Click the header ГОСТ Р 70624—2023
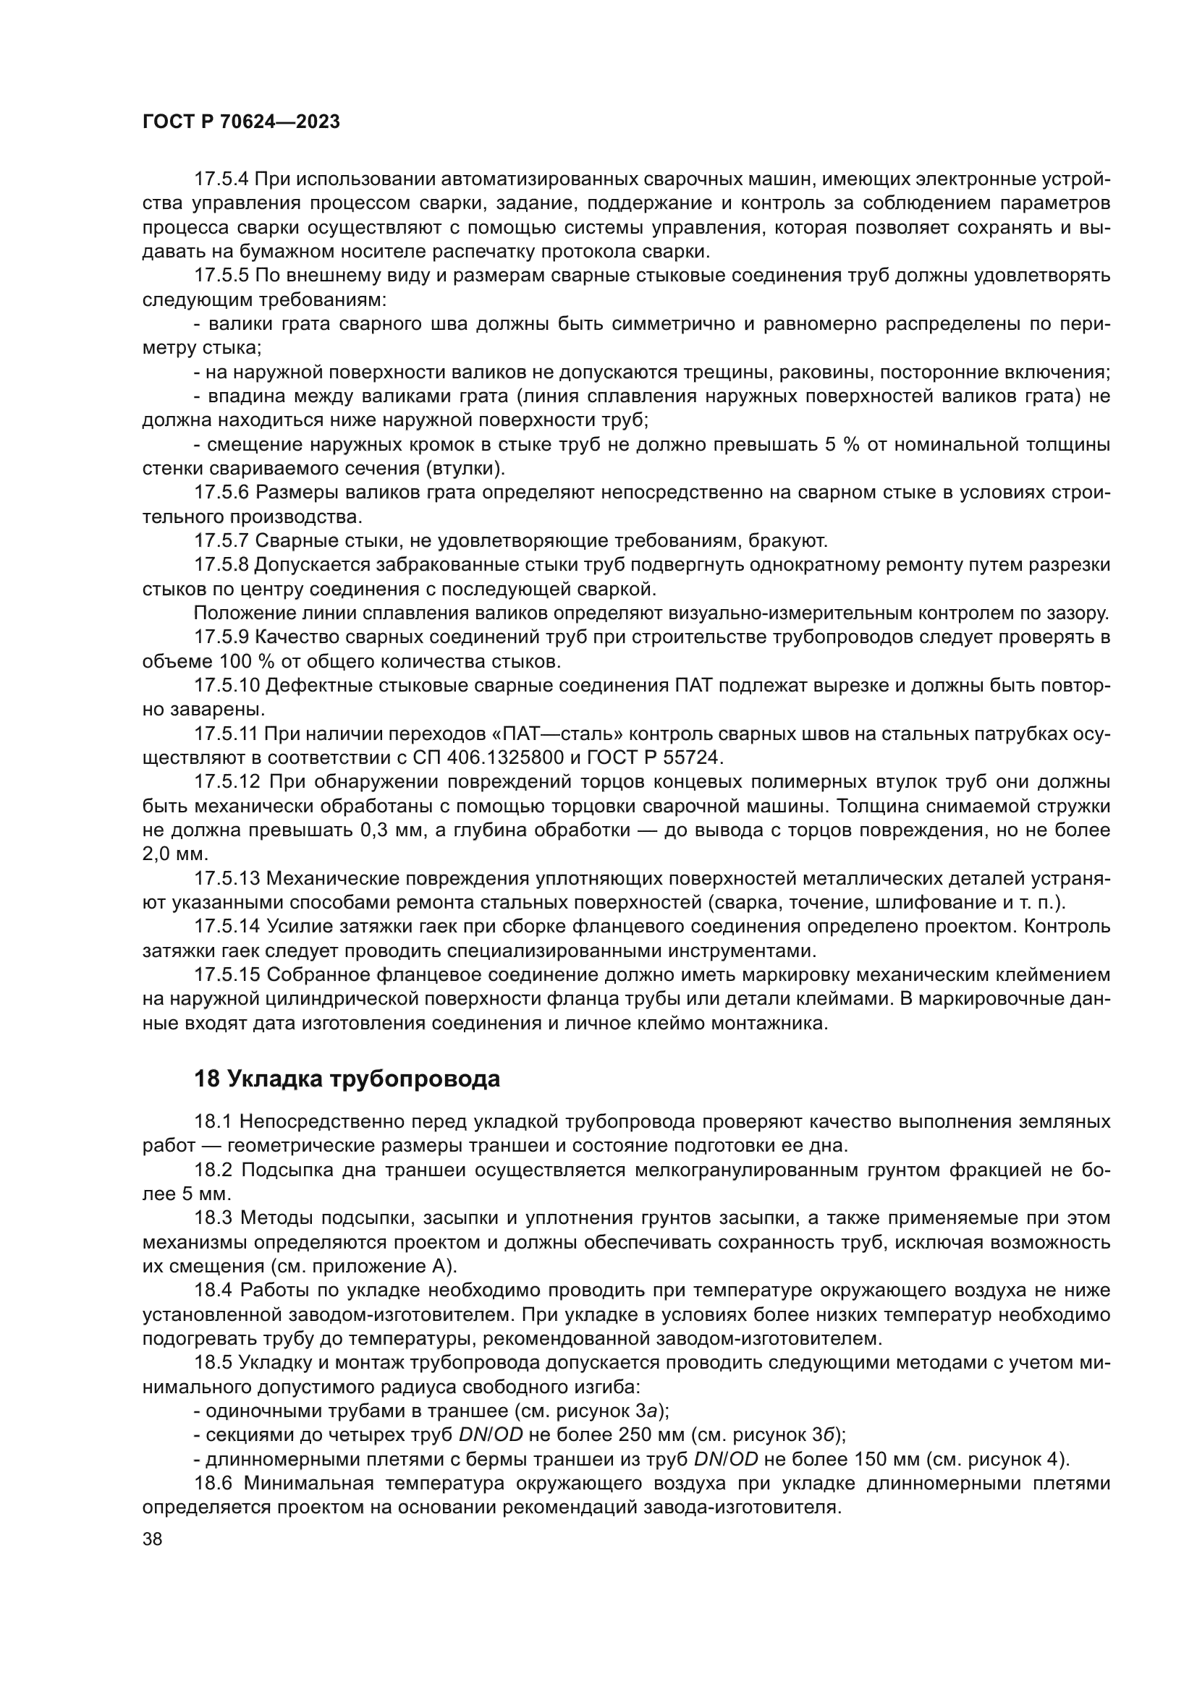pyautogui.click(x=241, y=122)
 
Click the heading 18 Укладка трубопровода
pyautogui.click(x=347, y=1079)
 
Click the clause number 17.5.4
pyautogui.click(x=222, y=179)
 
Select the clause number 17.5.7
pyautogui.click(x=222, y=541)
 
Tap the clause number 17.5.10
pyautogui.click(x=227, y=685)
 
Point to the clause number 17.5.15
pyautogui.click(x=227, y=975)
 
